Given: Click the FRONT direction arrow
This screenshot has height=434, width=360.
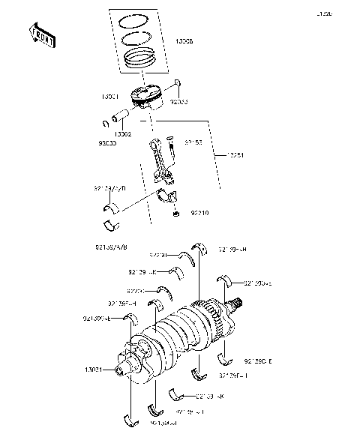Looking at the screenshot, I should point(42,35).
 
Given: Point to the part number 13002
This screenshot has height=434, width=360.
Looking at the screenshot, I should point(124,133).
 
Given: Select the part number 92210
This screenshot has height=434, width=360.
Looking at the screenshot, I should point(199,213).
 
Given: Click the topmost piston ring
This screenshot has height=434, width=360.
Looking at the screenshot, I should point(140,19).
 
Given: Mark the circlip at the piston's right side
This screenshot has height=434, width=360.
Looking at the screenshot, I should point(177,82).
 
